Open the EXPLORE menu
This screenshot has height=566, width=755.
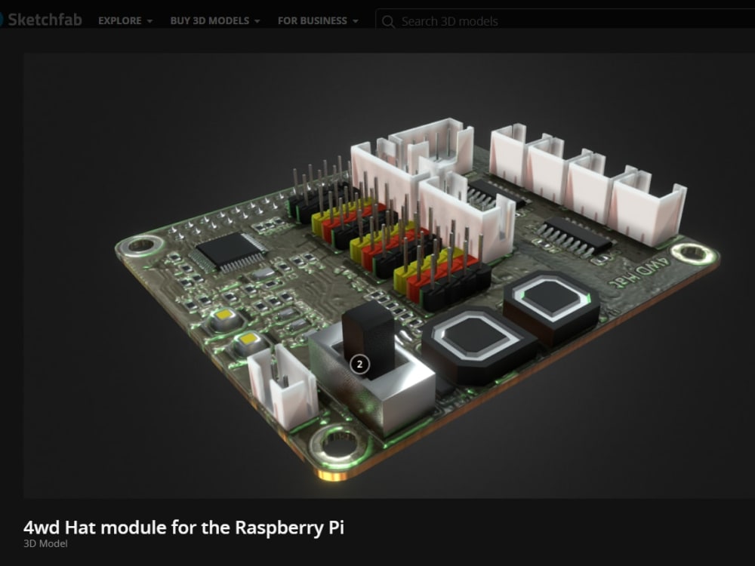click(x=125, y=21)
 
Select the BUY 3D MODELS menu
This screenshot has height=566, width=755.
click(x=214, y=21)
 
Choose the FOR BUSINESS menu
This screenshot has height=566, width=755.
click(x=317, y=21)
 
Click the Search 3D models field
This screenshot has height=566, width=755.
click(x=528, y=21)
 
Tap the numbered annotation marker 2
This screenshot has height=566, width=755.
click(x=359, y=364)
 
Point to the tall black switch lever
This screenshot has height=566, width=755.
click(x=368, y=338)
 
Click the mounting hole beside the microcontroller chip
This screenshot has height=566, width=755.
click(x=140, y=245)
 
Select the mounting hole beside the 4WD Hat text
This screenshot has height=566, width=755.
click(x=692, y=254)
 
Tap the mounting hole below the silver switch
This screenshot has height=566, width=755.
click(x=337, y=444)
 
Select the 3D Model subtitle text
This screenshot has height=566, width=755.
click(x=45, y=543)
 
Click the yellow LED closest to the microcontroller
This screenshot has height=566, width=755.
click(x=223, y=316)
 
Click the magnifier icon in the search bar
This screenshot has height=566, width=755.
click(x=389, y=21)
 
